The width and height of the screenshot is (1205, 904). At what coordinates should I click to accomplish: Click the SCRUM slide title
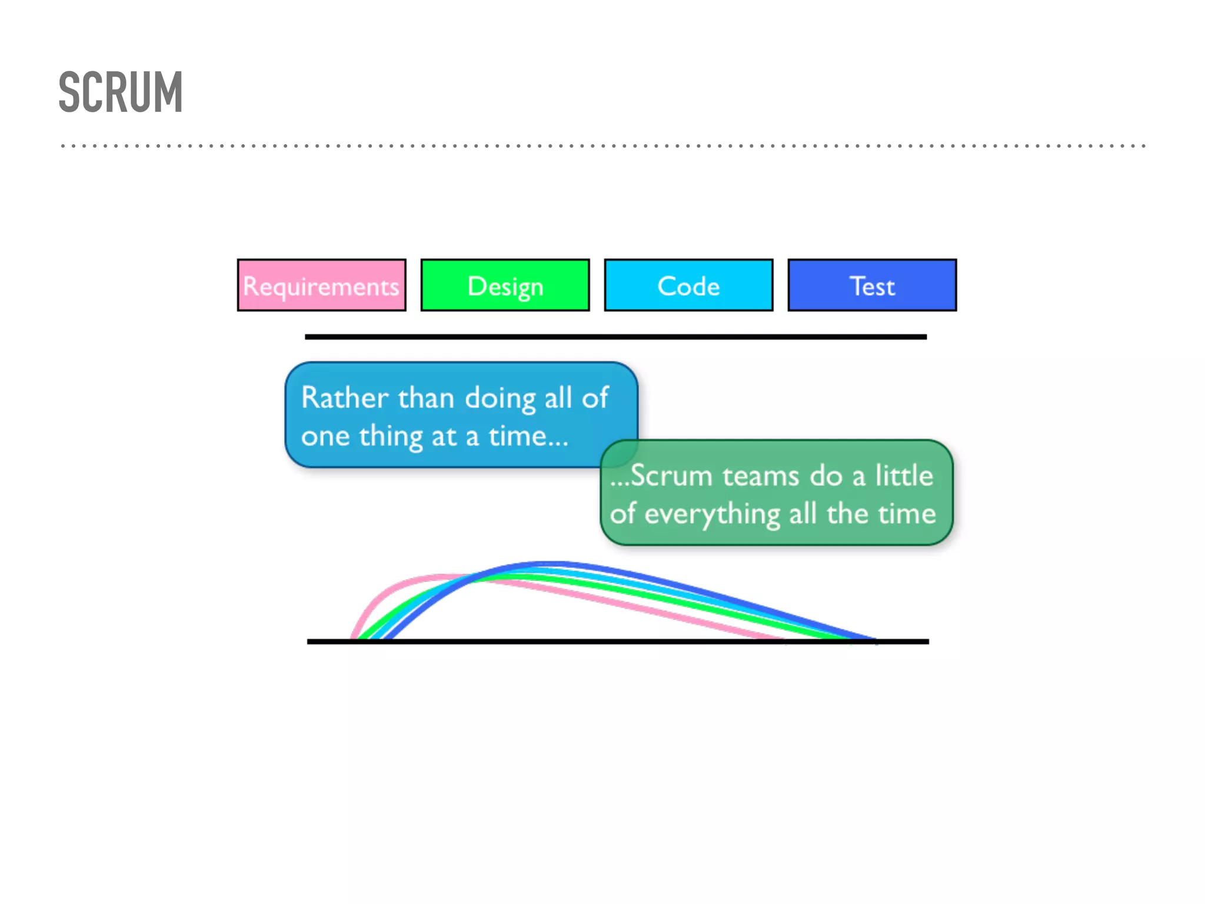pyautogui.click(x=121, y=92)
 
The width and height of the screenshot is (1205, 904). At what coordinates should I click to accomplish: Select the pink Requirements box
pyautogui.click(x=321, y=285)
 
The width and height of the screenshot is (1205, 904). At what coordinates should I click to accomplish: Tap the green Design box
pyautogui.click(x=505, y=285)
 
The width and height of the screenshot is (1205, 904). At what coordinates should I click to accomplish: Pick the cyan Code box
pyautogui.click(x=688, y=285)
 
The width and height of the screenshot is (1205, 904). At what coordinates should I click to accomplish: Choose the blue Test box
pyautogui.click(x=872, y=285)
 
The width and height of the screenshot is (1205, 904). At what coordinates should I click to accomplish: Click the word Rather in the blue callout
pyautogui.click(x=345, y=398)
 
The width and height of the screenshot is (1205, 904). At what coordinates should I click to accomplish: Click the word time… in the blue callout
pyautogui.click(x=528, y=436)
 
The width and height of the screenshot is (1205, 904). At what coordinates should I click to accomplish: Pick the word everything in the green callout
pyautogui.click(x=713, y=514)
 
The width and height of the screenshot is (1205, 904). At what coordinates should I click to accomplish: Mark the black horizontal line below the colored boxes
pyautogui.click(x=615, y=337)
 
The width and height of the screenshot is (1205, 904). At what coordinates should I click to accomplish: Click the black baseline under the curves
pyautogui.click(x=618, y=642)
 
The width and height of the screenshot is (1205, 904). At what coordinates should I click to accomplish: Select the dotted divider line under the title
pyautogui.click(x=602, y=145)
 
